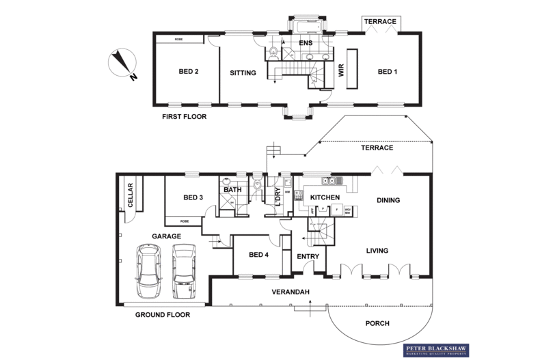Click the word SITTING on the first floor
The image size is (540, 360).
pyautogui.click(x=242, y=72)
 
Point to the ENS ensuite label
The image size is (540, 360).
pyautogui.click(x=306, y=43)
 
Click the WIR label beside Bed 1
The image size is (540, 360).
pyautogui.click(x=342, y=71)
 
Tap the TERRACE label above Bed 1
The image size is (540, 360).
pyautogui.click(x=379, y=22)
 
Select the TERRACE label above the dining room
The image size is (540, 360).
pyautogui.click(x=377, y=148)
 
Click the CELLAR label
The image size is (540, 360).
pyautogui.click(x=131, y=196)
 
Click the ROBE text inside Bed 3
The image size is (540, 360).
pyautogui.click(x=185, y=221)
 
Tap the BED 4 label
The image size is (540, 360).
pyautogui.click(x=258, y=255)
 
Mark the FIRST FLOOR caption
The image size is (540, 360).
pyautogui.click(x=184, y=117)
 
